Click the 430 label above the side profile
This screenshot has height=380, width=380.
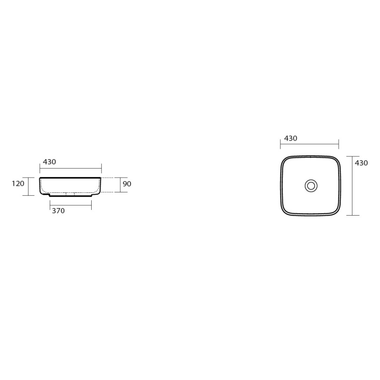tap(49, 161)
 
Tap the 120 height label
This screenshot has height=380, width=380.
tap(18, 183)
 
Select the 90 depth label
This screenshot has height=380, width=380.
tap(127, 184)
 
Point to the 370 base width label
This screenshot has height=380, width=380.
tap(58, 211)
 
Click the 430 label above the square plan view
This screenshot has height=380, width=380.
tap(291, 138)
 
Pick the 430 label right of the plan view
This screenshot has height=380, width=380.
tap(361, 163)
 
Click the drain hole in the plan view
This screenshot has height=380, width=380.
tap(311, 186)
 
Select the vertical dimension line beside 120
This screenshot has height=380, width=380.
tap(28, 186)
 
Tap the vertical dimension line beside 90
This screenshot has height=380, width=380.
tap(121, 185)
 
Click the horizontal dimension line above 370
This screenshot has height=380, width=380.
tap(70, 206)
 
